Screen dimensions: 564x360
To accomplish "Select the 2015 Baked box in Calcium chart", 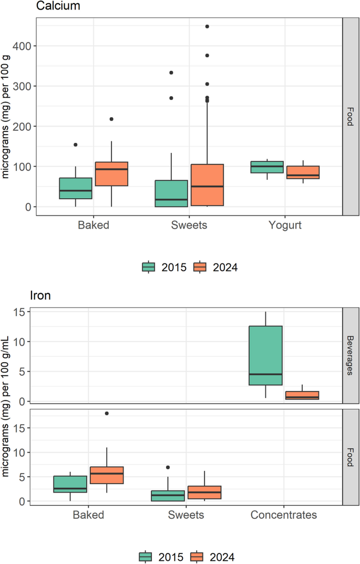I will click(x=76, y=188).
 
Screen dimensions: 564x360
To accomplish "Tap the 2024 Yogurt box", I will click(x=303, y=172).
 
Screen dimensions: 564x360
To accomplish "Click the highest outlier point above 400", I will click(x=207, y=26).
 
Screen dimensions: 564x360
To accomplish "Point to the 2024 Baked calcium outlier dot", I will click(x=111, y=119).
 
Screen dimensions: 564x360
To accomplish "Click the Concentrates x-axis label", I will click(x=284, y=515).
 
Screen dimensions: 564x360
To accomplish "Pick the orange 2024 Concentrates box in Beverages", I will click(x=302, y=395).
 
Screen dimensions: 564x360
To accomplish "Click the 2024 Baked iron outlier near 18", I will click(x=107, y=414).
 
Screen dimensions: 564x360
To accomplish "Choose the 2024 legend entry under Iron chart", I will click(x=213, y=556).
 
